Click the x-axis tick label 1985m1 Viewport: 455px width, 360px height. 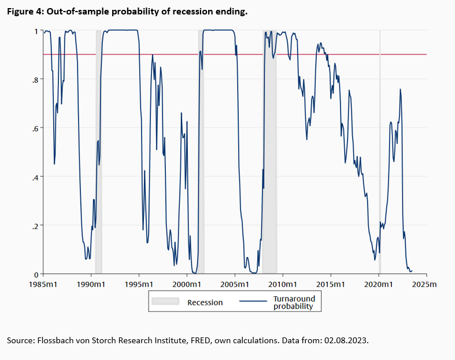pos(43,285)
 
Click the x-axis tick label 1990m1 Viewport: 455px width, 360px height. pos(91,285)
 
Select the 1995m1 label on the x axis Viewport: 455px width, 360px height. pos(139,285)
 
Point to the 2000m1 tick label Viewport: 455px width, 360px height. pos(187,285)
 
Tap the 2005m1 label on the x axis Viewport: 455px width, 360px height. pos(235,285)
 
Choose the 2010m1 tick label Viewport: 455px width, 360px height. pos(283,285)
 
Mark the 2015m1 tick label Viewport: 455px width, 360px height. pos(331,285)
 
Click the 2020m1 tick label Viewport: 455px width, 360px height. pos(379,285)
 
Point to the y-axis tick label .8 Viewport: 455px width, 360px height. pos(35,79)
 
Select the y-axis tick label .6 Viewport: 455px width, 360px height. pos(35,128)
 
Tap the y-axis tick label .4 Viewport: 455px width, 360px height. pos(35,177)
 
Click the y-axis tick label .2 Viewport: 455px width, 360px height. pos(35,225)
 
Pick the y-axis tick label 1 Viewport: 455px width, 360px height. pos(36,31)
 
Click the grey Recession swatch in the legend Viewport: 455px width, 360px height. pos(165,302)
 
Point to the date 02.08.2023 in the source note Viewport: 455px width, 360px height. pos(362,340)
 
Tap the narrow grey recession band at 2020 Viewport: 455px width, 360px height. pos(380,150)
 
